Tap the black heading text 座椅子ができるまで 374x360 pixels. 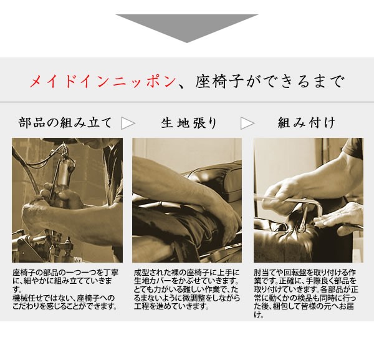pyautogui.click(x=269, y=82)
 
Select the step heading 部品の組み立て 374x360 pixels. pyautogui.click(x=65, y=122)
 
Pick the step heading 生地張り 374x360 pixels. pyautogui.click(x=189, y=123)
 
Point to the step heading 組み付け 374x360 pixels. pyautogui.click(x=307, y=122)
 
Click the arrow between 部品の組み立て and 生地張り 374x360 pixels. pyautogui.click(x=128, y=123)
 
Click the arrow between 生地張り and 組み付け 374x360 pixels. pyautogui.click(x=247, y=123)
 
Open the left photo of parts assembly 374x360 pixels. pyautogui.click(x=67, y=200)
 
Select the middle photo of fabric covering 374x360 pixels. pyautogui.click(x=186, y=200)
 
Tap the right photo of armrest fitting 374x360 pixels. pyautogui.click(x=308, y=200)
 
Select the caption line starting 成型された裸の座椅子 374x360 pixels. pyautogui.click(x=186, y=273)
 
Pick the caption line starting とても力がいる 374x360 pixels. pyautogui.click(x=186, y=290)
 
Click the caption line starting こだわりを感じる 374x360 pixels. pyautogui.click(x=64, y=306)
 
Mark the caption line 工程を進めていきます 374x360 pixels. pyautogui.click(x=168, y=306)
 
